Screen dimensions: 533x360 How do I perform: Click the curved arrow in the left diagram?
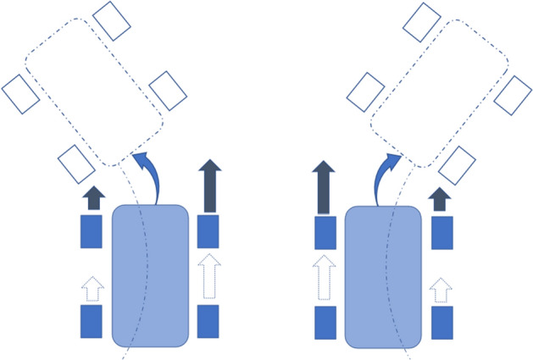tap(150, 172)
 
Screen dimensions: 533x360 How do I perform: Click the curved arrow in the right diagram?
tap(386, 172)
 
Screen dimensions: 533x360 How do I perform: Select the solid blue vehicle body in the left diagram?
tap(150, 275)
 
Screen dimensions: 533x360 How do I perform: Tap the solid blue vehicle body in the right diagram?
tap(382, 275)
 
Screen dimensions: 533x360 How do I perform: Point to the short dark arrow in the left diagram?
tap(92, 198)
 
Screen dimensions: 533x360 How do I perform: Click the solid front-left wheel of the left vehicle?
tap(92, 231)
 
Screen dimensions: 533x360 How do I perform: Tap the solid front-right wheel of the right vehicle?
tap(441, 231)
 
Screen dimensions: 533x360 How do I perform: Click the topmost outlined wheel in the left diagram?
tap(113, 20)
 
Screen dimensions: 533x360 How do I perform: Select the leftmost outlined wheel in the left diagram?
tap(21, 92)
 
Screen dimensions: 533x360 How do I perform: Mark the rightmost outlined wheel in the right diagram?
tap(513, 95)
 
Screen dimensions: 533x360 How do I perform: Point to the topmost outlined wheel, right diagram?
tap(422, 21)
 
